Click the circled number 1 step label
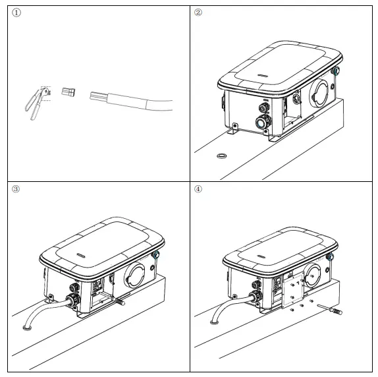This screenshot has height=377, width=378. pos(16,13)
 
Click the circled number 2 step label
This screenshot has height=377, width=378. pos(198,13)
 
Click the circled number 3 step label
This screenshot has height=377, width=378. pos(16,189)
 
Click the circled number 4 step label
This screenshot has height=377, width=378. pos(198,189)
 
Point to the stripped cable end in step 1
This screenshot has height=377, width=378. pos(95,97)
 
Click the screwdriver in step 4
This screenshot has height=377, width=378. pos(330,307)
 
